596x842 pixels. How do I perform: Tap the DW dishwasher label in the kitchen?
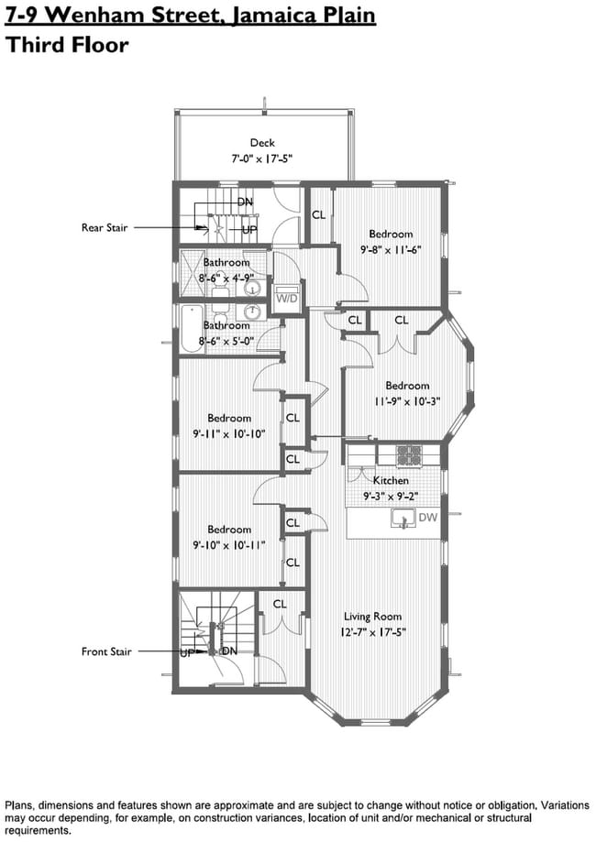tap(426, 518)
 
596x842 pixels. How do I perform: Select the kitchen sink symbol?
tap(402, 519)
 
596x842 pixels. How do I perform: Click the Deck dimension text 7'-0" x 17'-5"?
tap(261, 159)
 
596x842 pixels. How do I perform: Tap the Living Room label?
tap(372, 617)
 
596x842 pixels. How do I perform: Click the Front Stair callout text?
tap(106, 652)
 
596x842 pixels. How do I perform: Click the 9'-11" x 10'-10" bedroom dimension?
tap(229, 433)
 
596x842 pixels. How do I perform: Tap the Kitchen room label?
tap(391, 480)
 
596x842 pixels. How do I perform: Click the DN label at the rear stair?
tap(245, 202)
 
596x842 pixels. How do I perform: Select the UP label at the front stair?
tap(187, 653)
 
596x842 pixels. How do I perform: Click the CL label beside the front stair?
tap(280, 604)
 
